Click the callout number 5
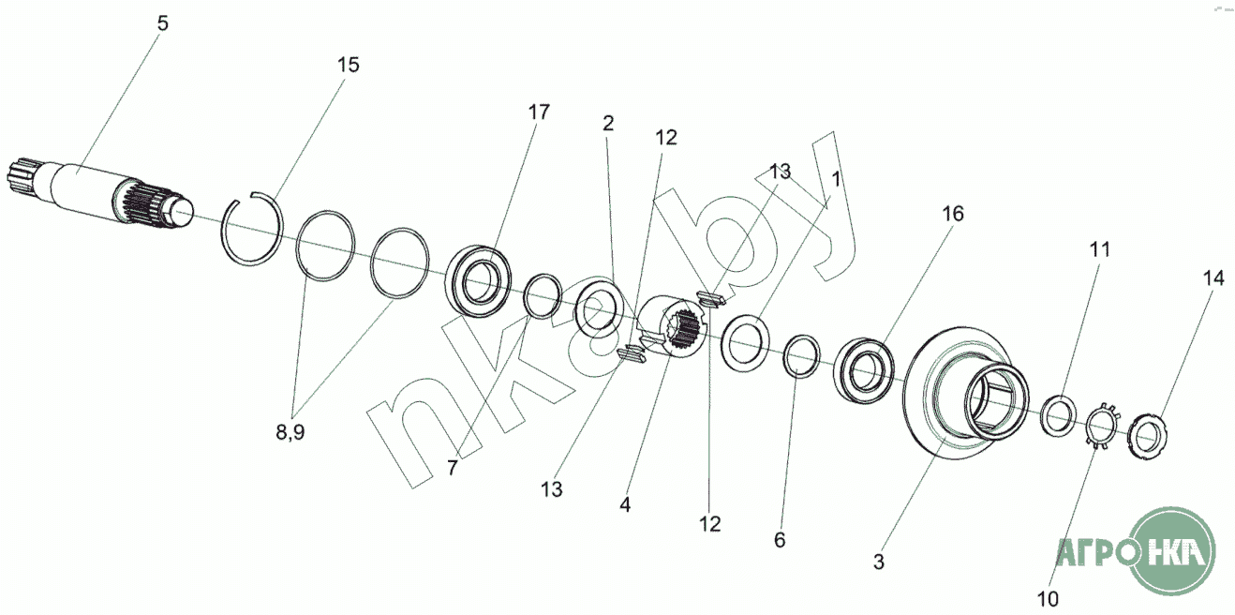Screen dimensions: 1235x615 pos(163,23)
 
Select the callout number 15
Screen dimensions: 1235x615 pos(349,65)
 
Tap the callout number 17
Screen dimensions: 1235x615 pos(539,112)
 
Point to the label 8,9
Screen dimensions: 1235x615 pos(290,433)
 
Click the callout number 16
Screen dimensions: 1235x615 pos(952,214)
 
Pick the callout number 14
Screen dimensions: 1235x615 pos(1213,277)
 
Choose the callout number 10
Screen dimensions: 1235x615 pos(1048,598)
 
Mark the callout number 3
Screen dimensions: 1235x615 pos(878,562)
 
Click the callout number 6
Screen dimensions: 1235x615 pos(780,540)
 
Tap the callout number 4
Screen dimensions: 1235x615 pos(625,503)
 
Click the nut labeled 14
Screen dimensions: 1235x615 pos(1149,435)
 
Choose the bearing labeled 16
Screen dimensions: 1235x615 pos(864,369)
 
